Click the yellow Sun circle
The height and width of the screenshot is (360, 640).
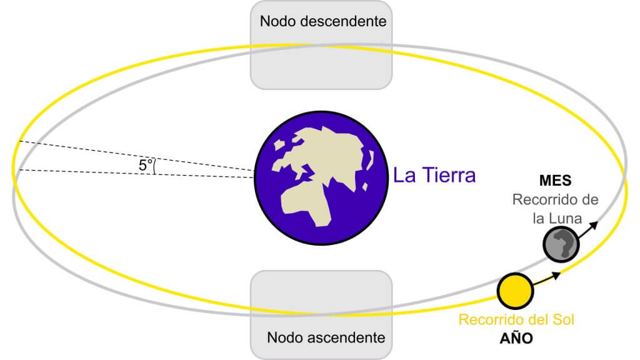tap(515, 291)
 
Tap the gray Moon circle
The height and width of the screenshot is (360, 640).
tap(561, 244)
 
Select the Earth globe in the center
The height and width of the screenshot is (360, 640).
tap(321, 178)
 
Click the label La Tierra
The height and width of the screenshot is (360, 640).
tap(434, 175)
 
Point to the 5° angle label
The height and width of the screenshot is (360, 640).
tap(145, 165)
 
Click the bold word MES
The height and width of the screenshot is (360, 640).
tap(555, 181)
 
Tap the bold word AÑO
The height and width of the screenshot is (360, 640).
tap(516, 337)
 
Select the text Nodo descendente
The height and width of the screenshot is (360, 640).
tap(323, 21)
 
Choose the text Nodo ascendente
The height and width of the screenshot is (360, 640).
tap(326, 337)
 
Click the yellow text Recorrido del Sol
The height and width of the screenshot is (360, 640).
tap(516, 319)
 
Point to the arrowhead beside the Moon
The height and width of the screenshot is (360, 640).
tap(594, 225)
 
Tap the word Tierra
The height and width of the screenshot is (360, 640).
tap(449, 175)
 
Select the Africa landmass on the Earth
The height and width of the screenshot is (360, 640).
tap(307, 203)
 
